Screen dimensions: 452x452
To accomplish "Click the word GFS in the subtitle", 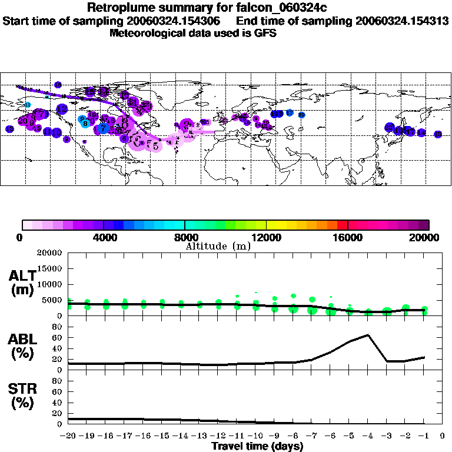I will (x=265, y=33).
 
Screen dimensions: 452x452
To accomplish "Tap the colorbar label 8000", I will (x=185, y=237).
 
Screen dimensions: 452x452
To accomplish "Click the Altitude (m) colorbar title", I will (x=218, y=246).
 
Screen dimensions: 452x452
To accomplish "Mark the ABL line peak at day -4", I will (x=368, y=335).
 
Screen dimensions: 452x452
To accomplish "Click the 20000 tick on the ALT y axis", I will (x=49, y=253).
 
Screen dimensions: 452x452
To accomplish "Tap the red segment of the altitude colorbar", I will (x=343, y=225).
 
